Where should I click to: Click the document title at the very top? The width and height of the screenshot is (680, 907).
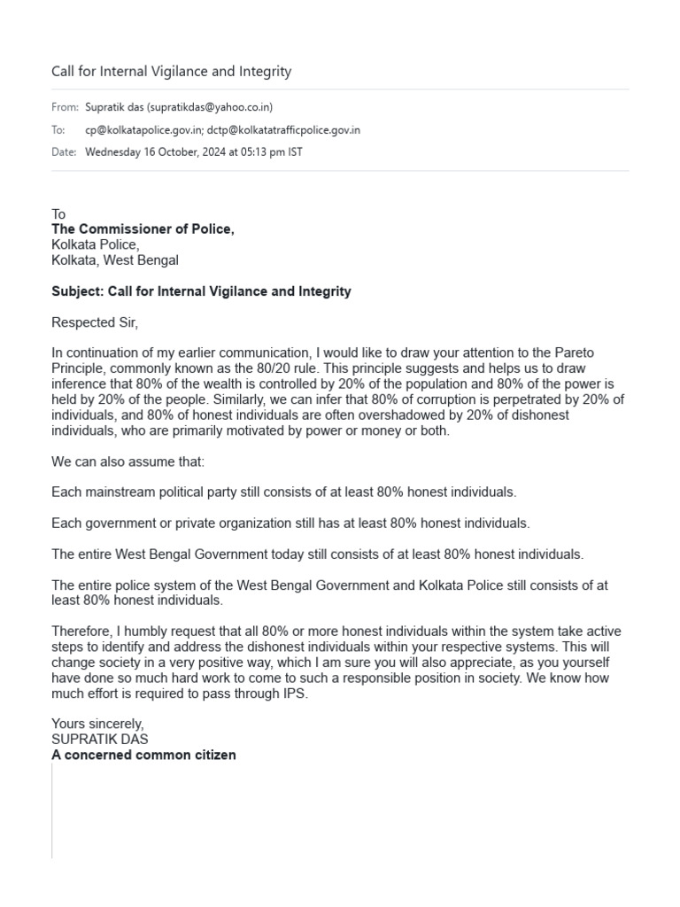pos(171,72)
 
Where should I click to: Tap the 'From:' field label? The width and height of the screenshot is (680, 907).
pos(64,107)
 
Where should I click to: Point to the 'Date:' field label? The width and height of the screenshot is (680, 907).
pos(64,152)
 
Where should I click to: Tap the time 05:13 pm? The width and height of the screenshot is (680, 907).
pos(257,152)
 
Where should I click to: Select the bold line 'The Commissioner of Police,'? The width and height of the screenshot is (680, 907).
pos(143,229)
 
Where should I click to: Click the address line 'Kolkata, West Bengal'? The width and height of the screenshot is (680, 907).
pos(115,260)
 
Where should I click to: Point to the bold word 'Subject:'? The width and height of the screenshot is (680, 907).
pos(78,291)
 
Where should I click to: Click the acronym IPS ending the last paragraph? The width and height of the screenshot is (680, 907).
pos(297,694)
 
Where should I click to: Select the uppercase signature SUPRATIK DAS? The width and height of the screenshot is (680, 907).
pos(100,740)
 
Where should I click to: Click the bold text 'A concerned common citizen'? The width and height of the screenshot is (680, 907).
pos(143,756)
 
